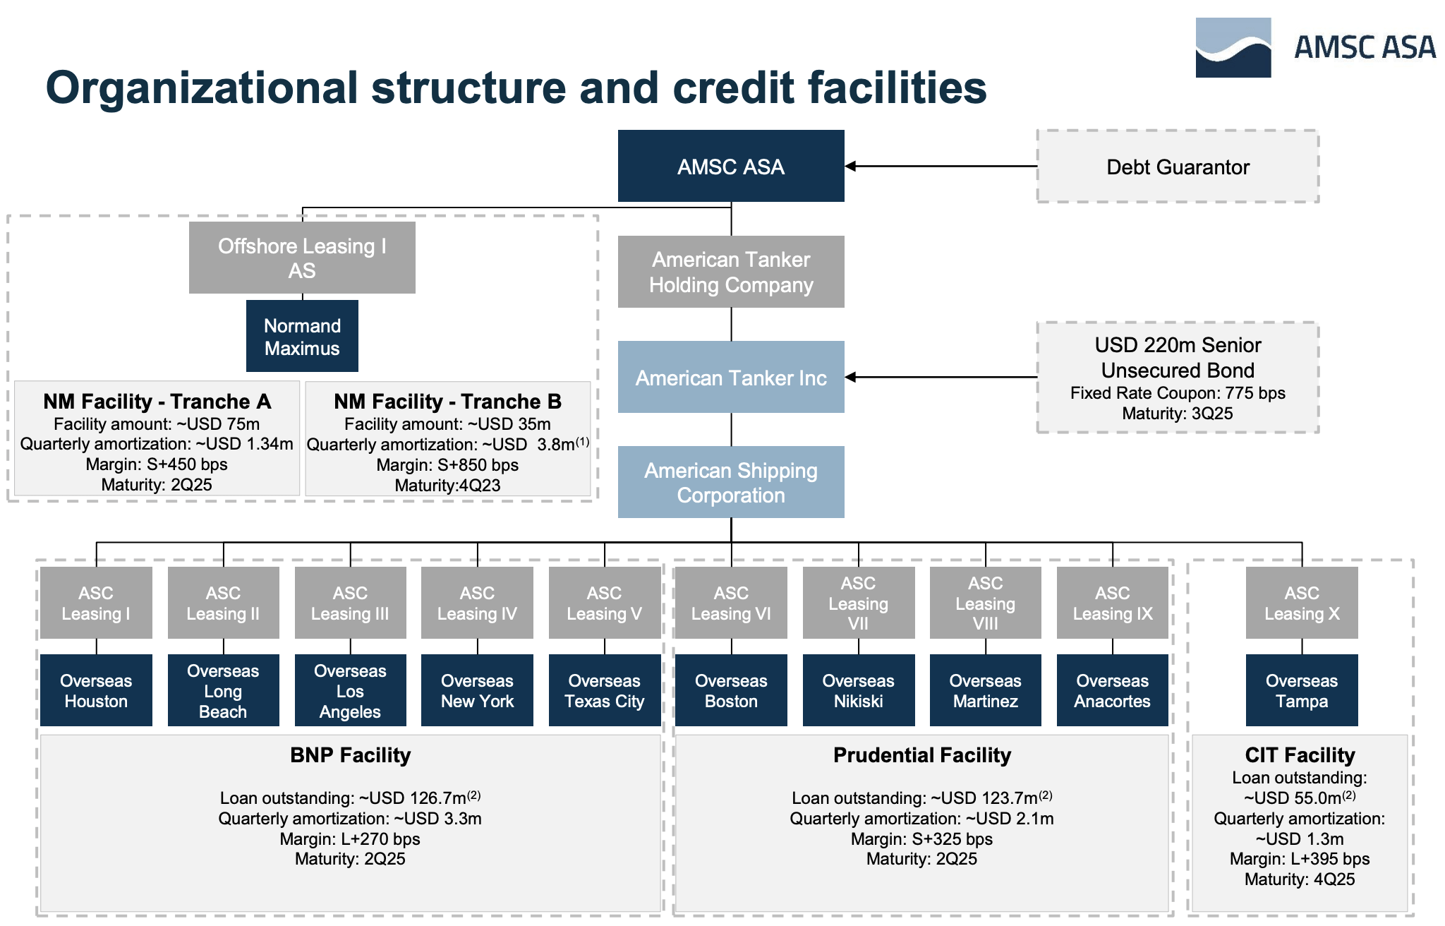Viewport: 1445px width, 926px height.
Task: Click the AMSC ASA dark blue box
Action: [x=731, y=167]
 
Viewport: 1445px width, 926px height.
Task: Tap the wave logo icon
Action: [x=1233, y=48]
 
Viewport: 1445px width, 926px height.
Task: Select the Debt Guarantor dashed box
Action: [x=1178, y=167]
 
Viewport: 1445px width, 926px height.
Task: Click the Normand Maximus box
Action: [x=302, y=337]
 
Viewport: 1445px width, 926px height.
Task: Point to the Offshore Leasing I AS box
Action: [x=302, y=258]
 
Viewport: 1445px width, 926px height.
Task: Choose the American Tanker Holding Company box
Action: [x=731, y=272]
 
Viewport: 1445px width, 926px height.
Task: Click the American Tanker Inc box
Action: [x=731, y=378]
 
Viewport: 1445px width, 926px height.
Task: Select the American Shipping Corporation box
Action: [x=731, y=482]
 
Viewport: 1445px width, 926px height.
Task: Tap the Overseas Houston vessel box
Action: [x=96, y=690]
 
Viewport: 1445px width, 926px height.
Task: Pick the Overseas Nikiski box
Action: [x=858, y=690]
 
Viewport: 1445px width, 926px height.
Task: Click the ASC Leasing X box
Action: [x=1301, y=603]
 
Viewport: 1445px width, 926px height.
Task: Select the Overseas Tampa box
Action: [x=1301, y=690]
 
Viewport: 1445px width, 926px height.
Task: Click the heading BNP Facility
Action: [x=350, y=755]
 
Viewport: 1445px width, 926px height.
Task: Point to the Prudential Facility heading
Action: [x=921, y=755]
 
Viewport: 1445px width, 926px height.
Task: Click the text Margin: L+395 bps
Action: [x=1300, y=859]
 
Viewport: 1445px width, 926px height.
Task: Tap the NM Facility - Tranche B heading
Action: [x=447, y=402]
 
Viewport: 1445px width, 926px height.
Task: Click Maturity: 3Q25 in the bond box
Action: [x=1177, y=414]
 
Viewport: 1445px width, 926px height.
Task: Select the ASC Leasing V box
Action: [x=604, y=603]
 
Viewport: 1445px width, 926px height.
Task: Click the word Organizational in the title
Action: [x=202, y=88]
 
